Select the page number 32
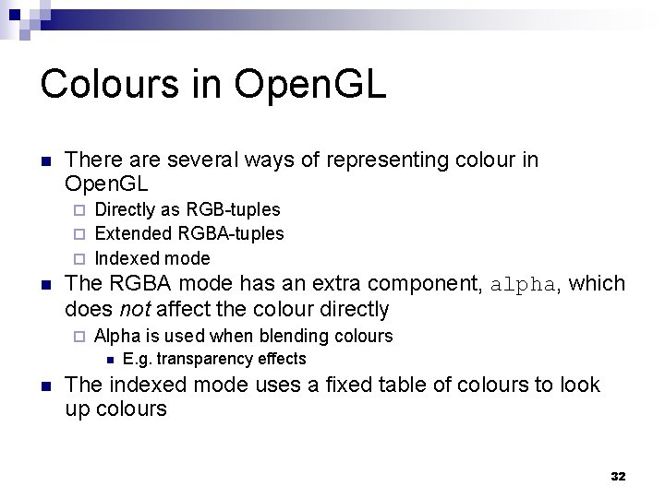[x=618, y=477]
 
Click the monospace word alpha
[x=523, y=284]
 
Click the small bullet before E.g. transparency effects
[x=108, y=360]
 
